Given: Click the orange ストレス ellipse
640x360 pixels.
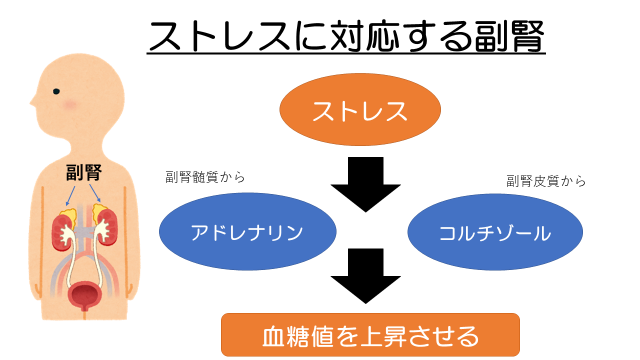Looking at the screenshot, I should point(360,110).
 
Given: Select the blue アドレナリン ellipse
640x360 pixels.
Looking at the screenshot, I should point(247,232).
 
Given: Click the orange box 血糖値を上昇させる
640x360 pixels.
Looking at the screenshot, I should point(370,334).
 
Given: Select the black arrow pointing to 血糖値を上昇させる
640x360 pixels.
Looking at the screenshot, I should point(365,275).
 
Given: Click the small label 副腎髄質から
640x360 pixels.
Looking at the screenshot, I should point(205,177).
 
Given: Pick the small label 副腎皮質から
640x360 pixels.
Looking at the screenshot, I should point(546,181).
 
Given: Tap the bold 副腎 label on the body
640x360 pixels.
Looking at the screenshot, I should point(84,173).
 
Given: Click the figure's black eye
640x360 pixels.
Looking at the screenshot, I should point(56,91).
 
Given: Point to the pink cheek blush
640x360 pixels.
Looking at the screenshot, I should point(70,104).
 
